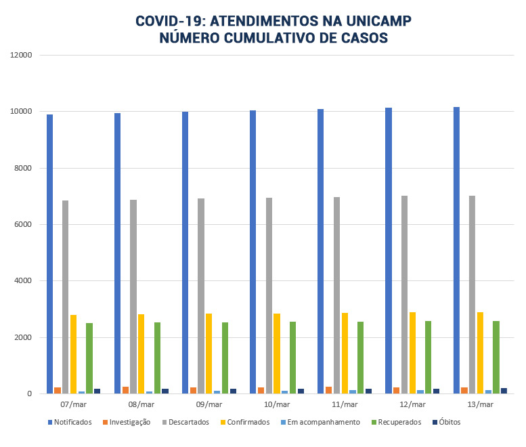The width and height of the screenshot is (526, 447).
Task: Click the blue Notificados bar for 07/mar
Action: click(50, 254)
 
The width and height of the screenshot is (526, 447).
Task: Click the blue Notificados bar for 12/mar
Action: click(389, 251)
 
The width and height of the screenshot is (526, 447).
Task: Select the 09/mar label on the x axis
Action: click(209, 404)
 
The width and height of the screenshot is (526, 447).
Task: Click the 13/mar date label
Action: click(480, 404)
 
